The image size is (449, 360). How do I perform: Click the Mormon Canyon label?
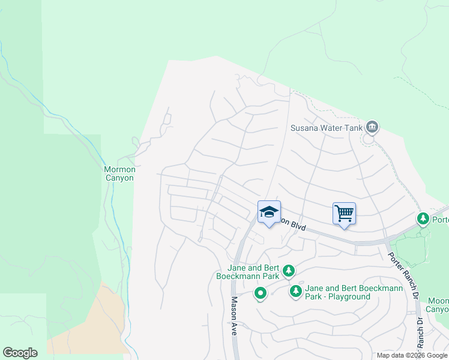click(x=120, y=173)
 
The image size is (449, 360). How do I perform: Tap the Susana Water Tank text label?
click(x=324, y=127)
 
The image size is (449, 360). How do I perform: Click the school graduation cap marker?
click(x=270, y=212)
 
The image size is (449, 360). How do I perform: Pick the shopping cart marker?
click(x=344, y=213)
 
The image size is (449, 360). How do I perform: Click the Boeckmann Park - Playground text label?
click(x=339, y=292)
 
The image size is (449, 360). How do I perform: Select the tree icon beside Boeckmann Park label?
click(x=289, y=271)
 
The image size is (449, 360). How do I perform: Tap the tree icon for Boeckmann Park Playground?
click(x=295, y=292)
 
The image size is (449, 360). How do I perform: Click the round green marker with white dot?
click(x=260, y=294)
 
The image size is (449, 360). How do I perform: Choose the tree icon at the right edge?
click(x=424, y=218)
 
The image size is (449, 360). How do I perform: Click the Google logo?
click(x=20, y=353)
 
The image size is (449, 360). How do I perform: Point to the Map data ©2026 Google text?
click(x=411, y=355)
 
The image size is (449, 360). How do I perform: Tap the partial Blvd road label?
click(x=294, y=224)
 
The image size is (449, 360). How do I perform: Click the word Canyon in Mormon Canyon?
click(x=120, y=178)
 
